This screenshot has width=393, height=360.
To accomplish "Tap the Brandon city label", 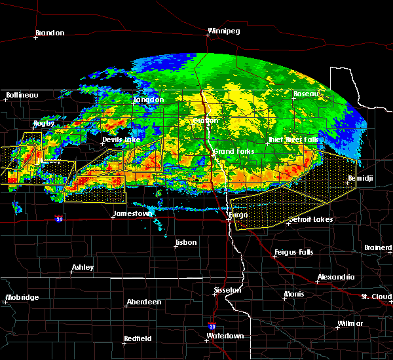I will click(x=50, y=33).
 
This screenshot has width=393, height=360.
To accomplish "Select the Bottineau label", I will click(x=22, y=95).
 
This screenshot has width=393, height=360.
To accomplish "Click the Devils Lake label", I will click(x=121, y=140).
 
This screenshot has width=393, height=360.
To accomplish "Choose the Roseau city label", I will click(x=306, y=94).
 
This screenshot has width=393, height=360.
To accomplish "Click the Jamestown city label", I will click(x=133, y=213).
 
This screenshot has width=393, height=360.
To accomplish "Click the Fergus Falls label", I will click(x=295, y=252).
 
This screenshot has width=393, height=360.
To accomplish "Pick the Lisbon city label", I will click(x=185, y=243).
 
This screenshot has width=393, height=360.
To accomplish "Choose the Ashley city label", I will click(x=83, y=267).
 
